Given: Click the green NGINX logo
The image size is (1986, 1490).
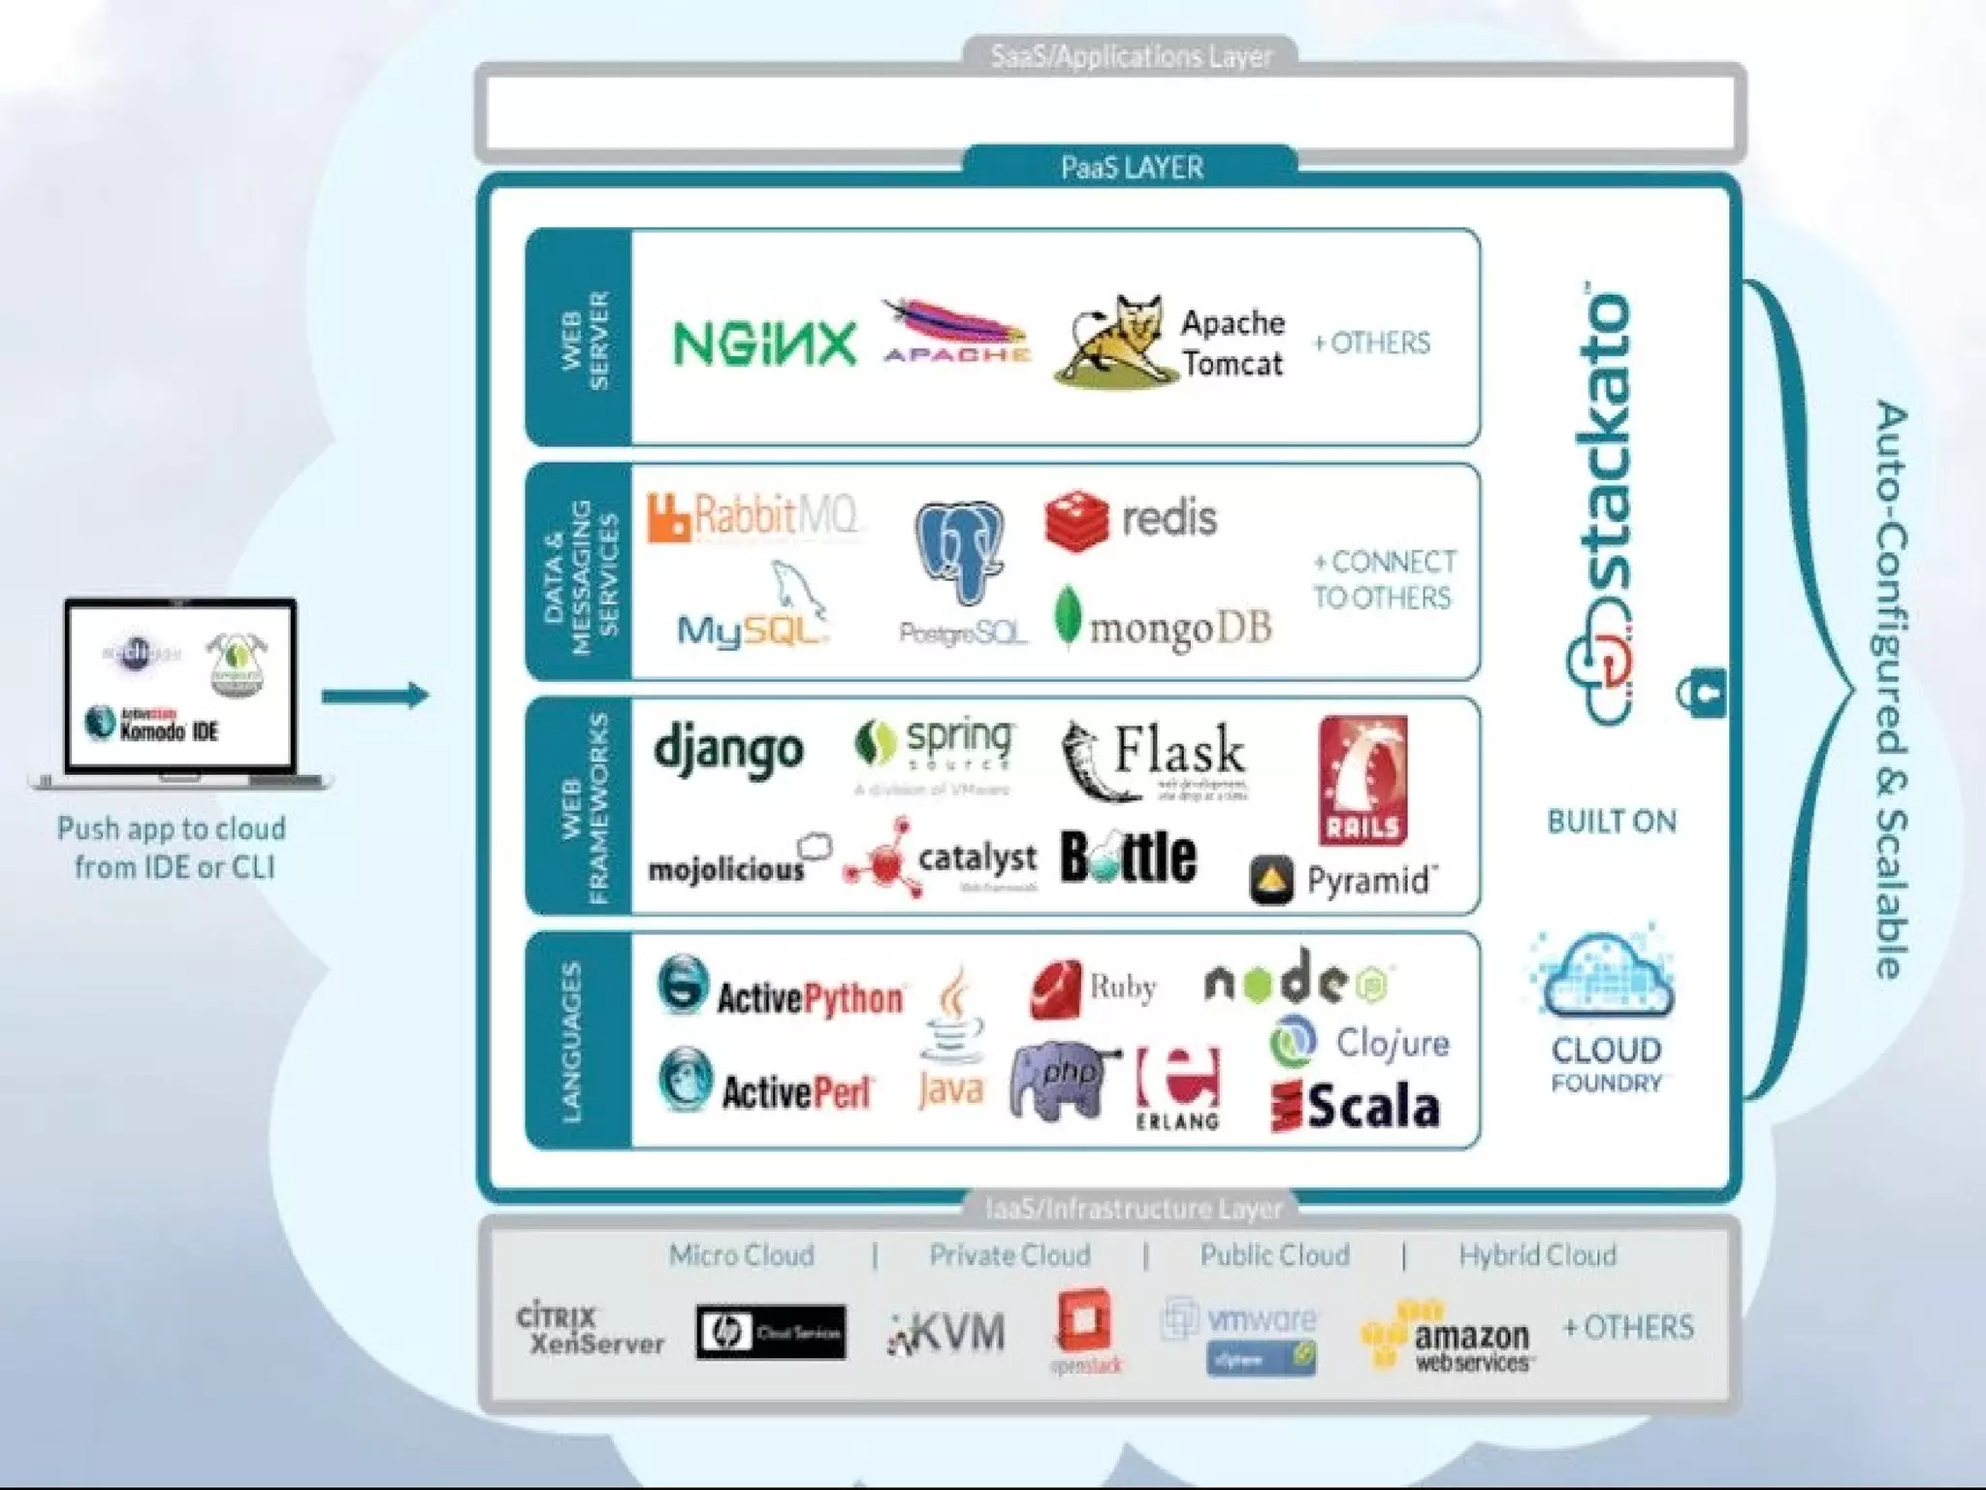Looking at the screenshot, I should (765, 343).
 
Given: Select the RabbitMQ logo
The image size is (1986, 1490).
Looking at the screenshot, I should (753, 517).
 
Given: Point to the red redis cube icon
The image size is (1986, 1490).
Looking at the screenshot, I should (1076, 521).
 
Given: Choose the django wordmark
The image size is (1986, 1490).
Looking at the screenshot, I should (728, 750).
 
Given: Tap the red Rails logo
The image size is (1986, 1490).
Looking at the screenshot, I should (1362, 780).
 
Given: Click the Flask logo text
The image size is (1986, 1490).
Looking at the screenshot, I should (1178, 750).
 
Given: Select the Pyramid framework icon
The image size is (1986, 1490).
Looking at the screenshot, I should (1271, 880).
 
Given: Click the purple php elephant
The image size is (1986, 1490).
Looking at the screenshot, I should (1061, 1080).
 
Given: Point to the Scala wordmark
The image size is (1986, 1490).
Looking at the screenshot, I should (1373, 1108).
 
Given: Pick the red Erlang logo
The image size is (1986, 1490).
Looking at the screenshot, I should (1178, 1085).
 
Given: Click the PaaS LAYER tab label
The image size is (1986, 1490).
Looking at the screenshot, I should (1132, 168).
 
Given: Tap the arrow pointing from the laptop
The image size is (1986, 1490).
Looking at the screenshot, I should (375, 696).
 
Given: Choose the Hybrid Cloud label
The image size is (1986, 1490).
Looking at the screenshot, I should (1537, 1255).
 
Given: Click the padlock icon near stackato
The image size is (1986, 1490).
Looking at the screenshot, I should (1701, 694).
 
